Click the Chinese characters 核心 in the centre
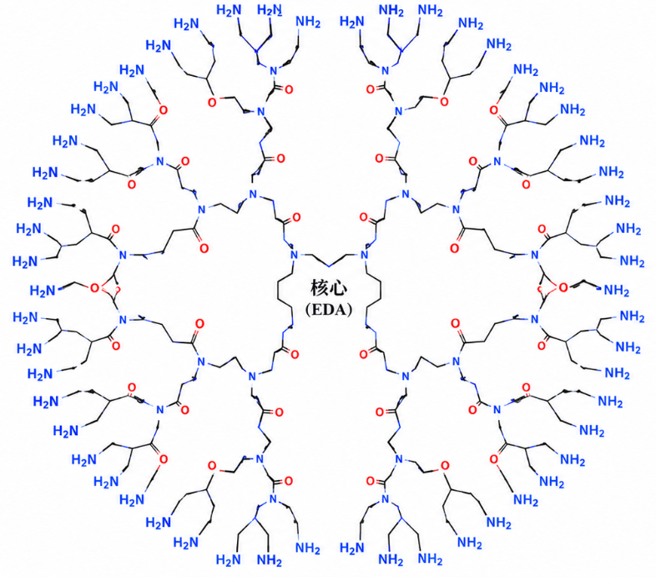click(x=329, y=288)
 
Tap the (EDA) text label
click(x=329, y=310)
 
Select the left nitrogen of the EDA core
click(x=294, y=255)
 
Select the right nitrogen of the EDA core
click(x=364, y=255)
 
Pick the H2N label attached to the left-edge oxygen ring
click(x=43, y=291)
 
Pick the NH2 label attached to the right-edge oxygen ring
click(x=616, y=290)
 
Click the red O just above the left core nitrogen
click(x=296, y=217)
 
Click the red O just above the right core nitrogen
click(x=363, y=217)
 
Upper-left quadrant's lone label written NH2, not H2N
click(x=308, y=22)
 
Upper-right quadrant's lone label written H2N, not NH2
click(x=352, y=21)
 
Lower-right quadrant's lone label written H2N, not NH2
click(x=352, y=547)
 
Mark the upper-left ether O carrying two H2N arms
click(x=213, y=102)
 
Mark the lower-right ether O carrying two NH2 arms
click(x=445, y=466)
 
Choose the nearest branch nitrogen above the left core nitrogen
click(x=252, y=195)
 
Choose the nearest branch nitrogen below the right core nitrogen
click(x=405, y=376)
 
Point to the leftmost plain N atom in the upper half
click(x=123, y=255)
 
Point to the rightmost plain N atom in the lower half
click(x=535, y=320)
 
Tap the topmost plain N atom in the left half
click(x=274, y=70)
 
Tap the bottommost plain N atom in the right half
click(x=386, y=499)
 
